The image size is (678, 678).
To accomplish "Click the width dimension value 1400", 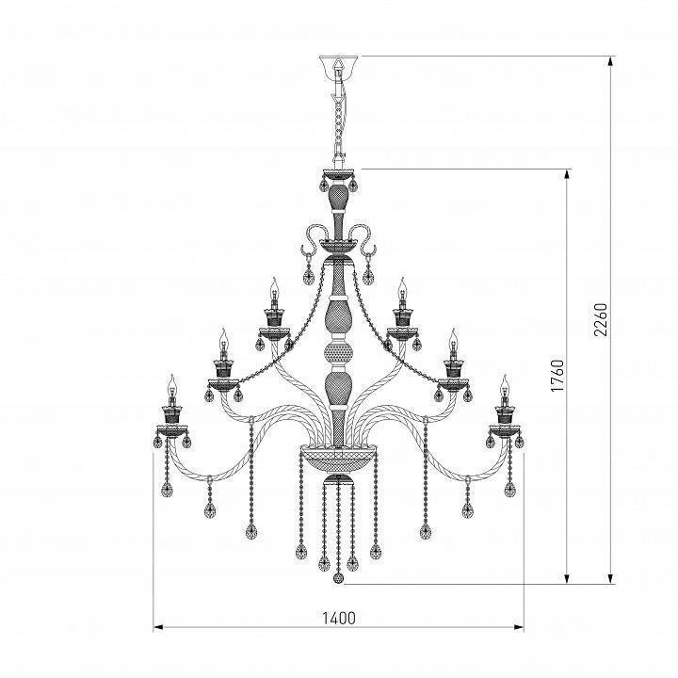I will point(339,619).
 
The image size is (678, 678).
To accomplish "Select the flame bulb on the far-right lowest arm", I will point(505,384).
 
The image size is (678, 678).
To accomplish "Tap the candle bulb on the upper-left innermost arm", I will point(273,287).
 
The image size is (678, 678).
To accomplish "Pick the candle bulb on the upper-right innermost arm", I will point(403,287).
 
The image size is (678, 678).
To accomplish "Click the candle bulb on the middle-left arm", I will point(223,337).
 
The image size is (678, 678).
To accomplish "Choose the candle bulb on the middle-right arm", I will point(453,337).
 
